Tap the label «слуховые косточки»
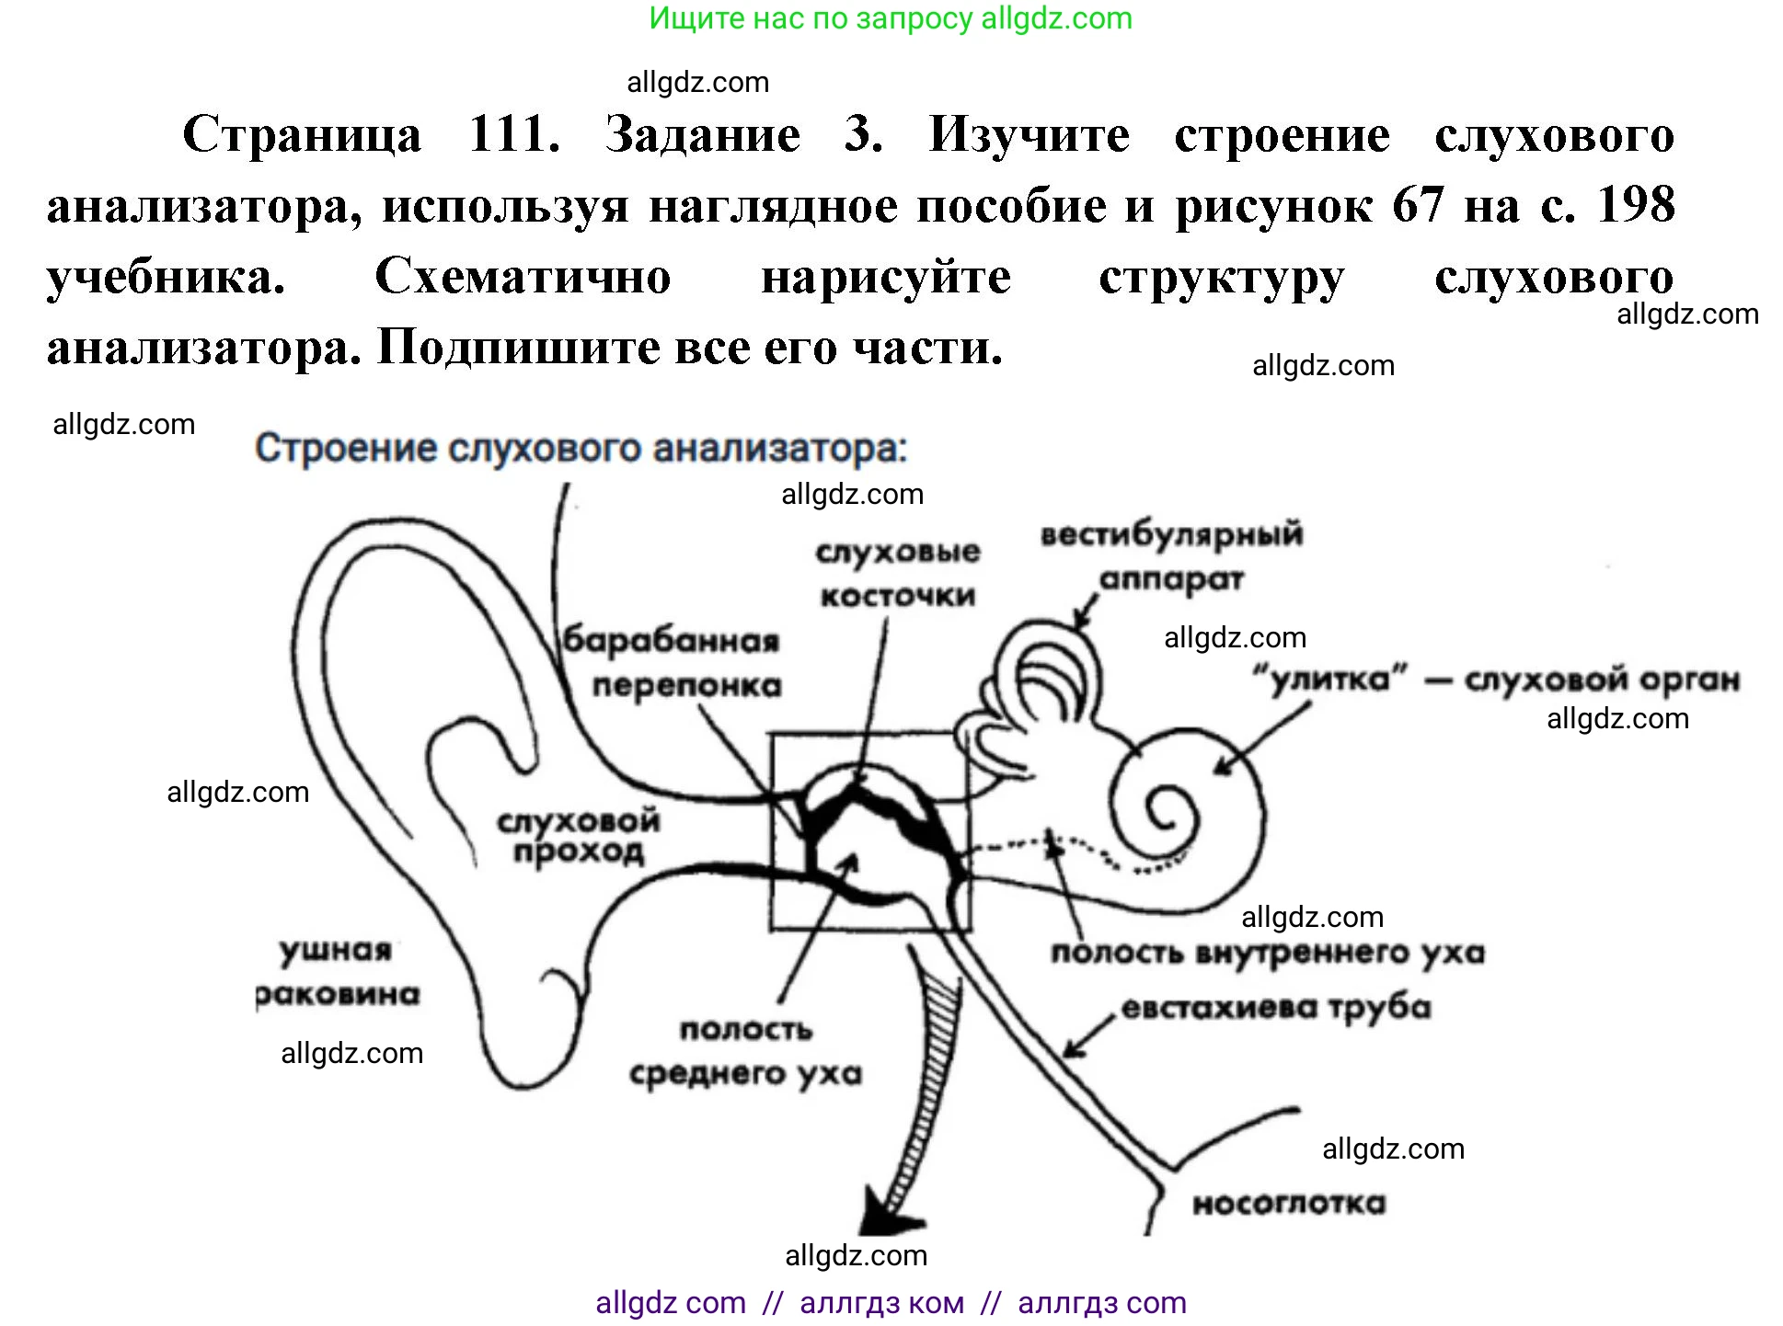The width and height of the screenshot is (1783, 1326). pos(898,574)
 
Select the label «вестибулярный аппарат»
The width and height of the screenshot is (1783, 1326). pos(1171,556)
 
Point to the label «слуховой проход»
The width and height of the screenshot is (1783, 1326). pos(579,836)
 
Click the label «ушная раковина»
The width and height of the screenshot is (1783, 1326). pos(337,972)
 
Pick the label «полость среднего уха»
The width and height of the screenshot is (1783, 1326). pos(745,1051)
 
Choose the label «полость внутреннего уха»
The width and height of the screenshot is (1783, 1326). pos(1268,953)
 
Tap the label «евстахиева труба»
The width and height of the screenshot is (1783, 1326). pos(1276,1008)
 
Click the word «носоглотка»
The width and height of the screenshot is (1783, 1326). pos(1289,1204)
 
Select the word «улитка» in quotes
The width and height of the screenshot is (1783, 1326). pos(1329,680)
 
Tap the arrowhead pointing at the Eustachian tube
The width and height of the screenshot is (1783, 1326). pos(1073,1049)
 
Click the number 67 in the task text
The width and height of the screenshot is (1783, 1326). pos(1418,205)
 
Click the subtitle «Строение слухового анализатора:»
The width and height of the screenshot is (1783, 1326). pos(581,449)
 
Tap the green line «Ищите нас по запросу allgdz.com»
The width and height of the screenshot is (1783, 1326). pos(891,18)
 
